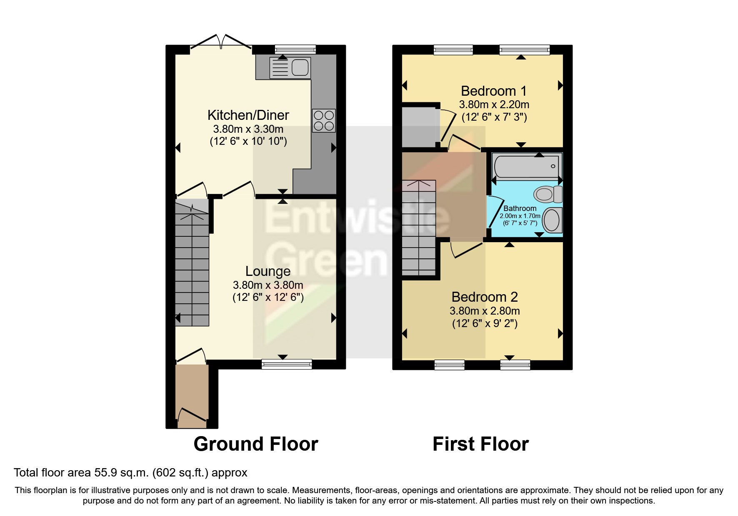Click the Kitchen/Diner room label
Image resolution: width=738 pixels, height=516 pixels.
point(248,115)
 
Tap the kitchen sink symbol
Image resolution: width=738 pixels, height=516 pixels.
point(290,68)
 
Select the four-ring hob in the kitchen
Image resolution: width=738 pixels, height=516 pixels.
point(324,120)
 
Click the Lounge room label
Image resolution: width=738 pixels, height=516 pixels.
point(268,271)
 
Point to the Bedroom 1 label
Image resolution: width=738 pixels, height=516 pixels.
point(493,91)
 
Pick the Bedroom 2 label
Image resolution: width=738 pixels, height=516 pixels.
point(485,297)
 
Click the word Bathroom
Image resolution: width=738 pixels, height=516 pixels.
point(520,208)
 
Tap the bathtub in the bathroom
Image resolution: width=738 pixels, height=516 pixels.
point(526,166)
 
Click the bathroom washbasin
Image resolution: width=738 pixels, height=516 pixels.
point(552,220)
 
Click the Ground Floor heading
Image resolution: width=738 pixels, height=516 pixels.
point(255,444)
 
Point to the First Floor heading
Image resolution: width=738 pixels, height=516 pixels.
point(480,444)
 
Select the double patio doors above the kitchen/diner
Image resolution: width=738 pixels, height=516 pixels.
point(222,42)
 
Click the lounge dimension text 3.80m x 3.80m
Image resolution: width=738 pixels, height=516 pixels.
point(268,285)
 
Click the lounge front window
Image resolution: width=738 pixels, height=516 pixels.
point(287,365)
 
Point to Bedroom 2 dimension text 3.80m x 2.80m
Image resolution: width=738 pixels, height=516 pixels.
point(485,311)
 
